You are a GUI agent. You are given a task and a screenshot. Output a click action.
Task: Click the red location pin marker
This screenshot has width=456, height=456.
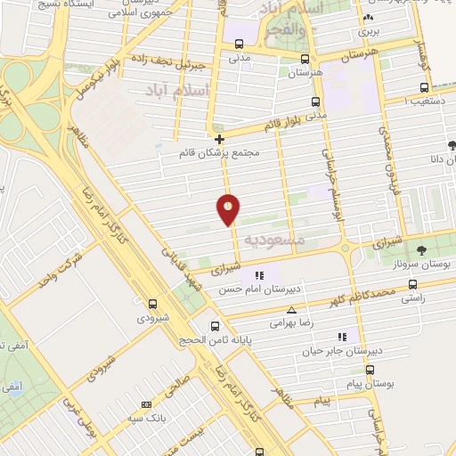tap(228, 210)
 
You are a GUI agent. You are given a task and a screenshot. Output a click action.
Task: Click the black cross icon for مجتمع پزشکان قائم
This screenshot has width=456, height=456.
tap(220, 139)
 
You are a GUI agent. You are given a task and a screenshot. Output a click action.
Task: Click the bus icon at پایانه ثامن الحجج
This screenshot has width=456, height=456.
tap(214, 326)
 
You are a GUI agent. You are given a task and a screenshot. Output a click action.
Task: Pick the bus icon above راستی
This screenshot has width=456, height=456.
tap(411, 285)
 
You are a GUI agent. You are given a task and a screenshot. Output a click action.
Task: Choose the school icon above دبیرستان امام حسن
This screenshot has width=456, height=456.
tap(259, 274)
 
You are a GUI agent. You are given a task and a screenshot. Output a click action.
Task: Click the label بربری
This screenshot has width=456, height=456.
tap(369, 30)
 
